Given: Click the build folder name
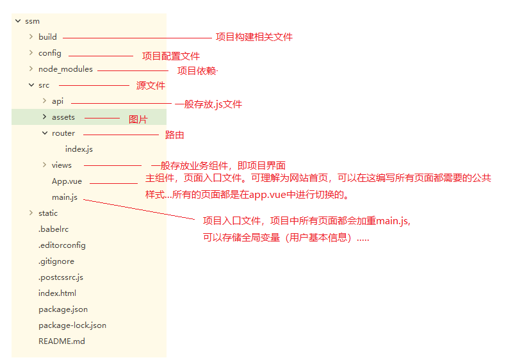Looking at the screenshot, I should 47,37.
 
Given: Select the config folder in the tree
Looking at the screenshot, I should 49,53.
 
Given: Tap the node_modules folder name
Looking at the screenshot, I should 65,69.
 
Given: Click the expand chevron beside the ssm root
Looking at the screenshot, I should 17,21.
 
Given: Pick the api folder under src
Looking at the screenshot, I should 58,101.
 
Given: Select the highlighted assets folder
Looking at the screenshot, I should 63,117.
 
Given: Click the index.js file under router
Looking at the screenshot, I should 79,149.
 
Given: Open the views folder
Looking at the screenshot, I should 61,165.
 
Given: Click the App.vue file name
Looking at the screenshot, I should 67,181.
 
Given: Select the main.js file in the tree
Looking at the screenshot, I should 65,197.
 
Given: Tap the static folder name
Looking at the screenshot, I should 48,213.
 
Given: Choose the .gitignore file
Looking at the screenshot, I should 56,261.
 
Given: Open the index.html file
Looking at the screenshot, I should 57,293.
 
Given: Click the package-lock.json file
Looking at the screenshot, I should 72,325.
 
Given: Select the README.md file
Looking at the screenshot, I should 61,341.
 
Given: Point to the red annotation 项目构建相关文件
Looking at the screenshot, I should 254,37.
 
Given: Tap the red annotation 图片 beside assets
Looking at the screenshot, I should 138,119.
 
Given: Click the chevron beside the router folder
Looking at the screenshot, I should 44,133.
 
